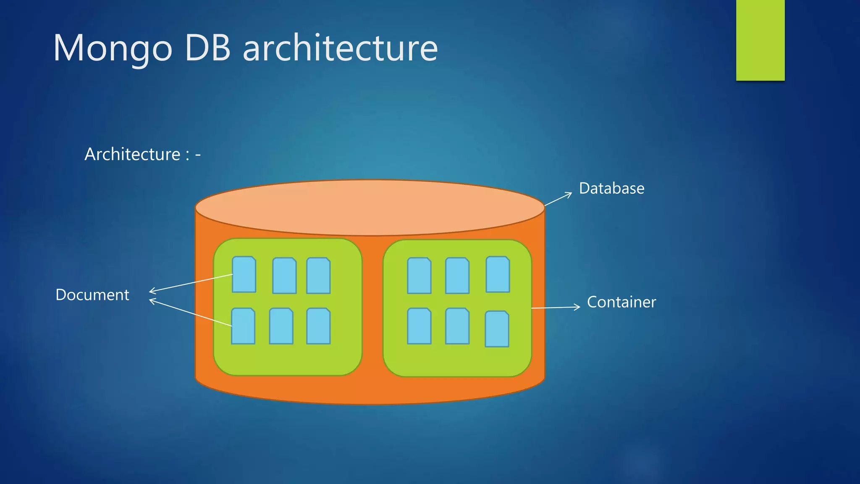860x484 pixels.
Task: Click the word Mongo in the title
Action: point(113,49)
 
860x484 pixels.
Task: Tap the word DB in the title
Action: point(207,48)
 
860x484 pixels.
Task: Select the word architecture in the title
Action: point(340,48)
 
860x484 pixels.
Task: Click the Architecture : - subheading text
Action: point(142,154)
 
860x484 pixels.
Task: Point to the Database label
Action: point(611,189)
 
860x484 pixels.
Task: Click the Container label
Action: point(621,302)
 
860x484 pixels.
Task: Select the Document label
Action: point(92,295)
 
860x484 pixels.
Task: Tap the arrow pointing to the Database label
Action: point(558,199)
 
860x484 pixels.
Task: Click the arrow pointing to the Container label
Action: point(556,308)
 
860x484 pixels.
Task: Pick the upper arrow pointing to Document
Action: point(191,283)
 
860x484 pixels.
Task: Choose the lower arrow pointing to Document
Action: point(191,313)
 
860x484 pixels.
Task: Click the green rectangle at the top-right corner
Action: point(760,40)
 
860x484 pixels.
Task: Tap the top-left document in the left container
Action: point(244,274)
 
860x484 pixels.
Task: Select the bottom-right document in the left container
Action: point(318,326)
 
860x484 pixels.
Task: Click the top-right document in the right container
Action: point(498,274)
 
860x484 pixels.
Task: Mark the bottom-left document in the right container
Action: point(419,326)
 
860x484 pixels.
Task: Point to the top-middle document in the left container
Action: point(284,276)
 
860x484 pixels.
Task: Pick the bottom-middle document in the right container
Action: point(457,326)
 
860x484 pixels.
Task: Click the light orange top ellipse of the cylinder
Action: point(370,208)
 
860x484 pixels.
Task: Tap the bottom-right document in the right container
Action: point(497,329)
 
